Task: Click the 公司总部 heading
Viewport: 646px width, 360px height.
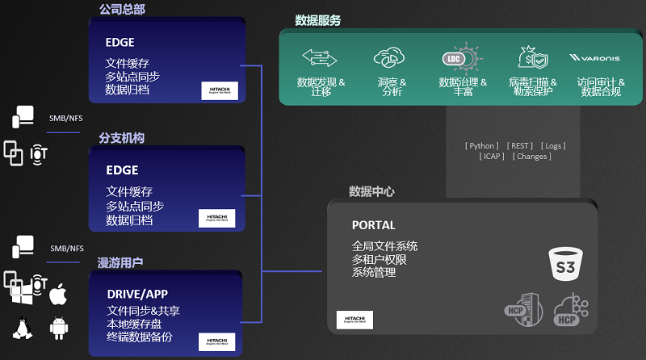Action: point(122,10)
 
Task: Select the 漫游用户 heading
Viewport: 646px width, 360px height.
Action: point(120,262)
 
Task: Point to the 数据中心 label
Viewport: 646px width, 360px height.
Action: point(371,192)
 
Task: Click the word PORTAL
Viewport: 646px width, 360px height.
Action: point(374,225)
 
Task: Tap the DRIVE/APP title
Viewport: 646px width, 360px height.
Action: point(137,294)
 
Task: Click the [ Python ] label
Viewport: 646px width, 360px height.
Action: point(482,146)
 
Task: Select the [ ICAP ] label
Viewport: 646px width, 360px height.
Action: point(491,157)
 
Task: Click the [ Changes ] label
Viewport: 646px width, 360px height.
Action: point(532,157)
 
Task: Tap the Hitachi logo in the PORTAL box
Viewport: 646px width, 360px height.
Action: point(354,319)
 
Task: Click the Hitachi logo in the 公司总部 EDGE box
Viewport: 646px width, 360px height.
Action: point(220,90)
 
